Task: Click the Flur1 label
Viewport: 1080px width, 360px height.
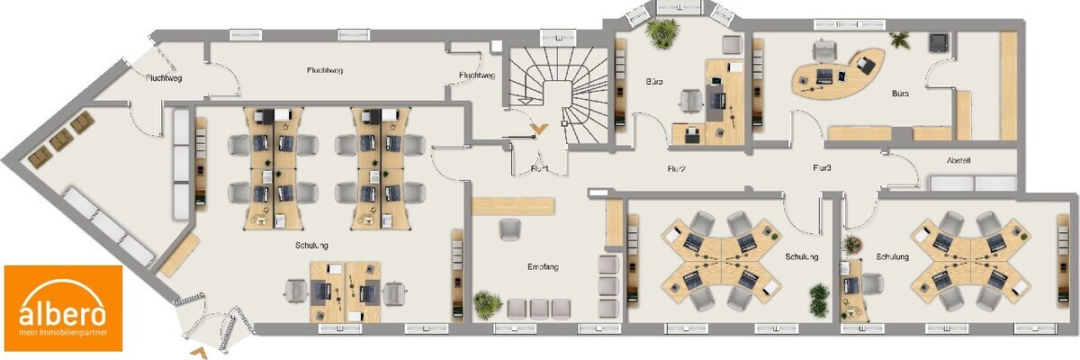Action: [540, 168]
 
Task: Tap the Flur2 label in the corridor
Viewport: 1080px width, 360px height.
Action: [677, 168]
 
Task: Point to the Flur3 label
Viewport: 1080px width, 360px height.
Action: [822, 168]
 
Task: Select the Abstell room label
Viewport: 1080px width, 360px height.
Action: [958, 161]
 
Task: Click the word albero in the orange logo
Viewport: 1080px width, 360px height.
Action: [63, 312]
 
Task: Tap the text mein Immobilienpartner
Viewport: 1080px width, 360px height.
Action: [63, 334]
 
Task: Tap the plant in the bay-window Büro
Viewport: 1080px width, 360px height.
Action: [663, 33]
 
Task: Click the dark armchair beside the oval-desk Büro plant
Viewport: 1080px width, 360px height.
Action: [939, 41]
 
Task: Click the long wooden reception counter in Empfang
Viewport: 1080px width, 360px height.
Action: [512, 205]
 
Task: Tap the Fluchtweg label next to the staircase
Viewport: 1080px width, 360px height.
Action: [476, 76]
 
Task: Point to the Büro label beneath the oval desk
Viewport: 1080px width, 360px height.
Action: [899, 94]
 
